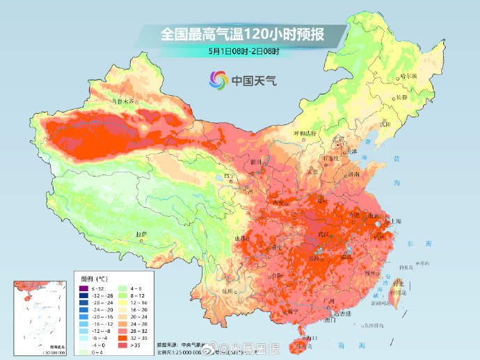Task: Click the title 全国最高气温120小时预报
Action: (x=243, y=33)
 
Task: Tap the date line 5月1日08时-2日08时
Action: (x=243, y=51)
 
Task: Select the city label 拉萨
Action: (x=141, y=234)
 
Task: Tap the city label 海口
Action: (x=311, y=338)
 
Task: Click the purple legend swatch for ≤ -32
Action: (x=82, y=288)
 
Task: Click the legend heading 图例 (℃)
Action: (x=88, y=277)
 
